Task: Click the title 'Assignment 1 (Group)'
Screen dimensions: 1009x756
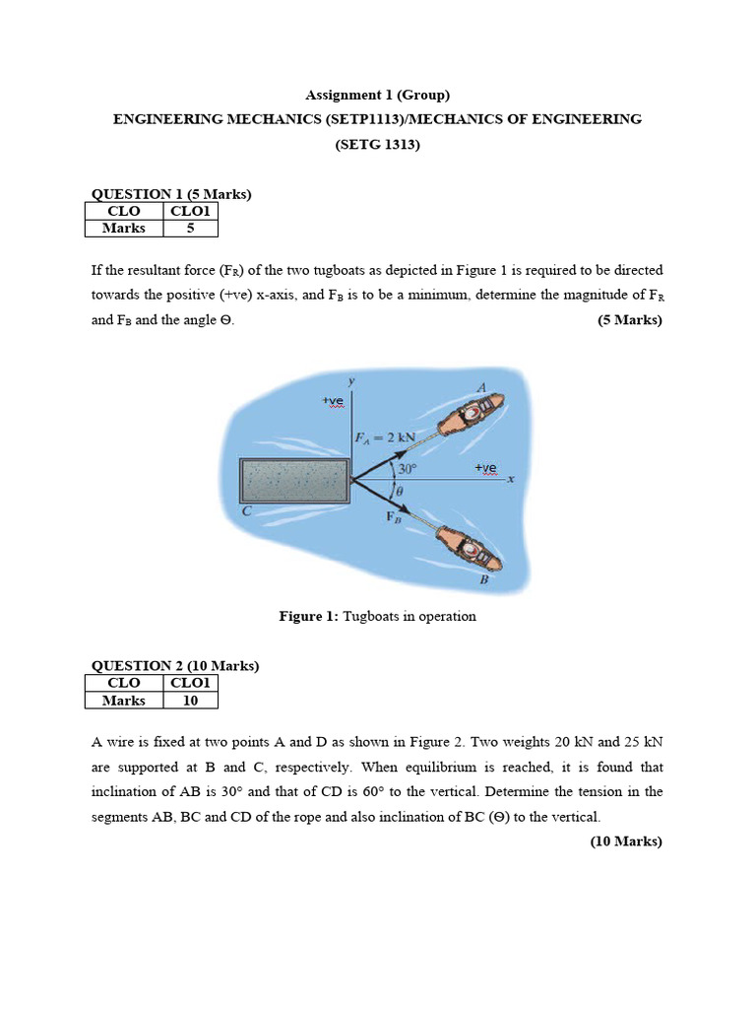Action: pos(377,96)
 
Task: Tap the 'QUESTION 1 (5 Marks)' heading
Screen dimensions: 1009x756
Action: pos(171,194)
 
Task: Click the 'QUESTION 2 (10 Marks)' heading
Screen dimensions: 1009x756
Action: pos(175,666)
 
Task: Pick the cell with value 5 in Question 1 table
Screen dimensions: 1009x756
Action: pos(190,228)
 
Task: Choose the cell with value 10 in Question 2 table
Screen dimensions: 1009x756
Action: pos(190,701)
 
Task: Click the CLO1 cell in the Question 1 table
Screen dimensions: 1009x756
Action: pos(190,211)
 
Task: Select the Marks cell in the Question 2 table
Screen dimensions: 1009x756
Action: pos(124,701)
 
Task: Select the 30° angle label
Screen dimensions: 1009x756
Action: pos(409,470)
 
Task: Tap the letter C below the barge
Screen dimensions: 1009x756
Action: pos(247,510)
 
